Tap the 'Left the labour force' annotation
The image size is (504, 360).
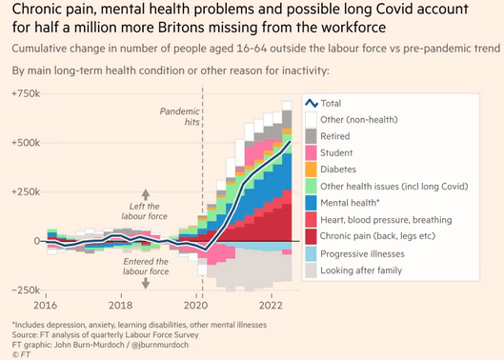[144, 210]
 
